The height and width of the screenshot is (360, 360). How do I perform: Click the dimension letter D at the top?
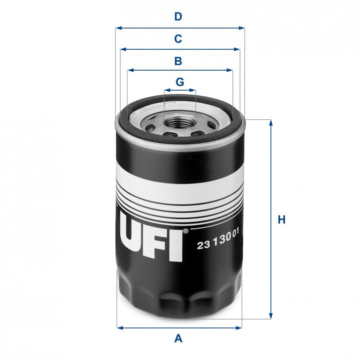[177, 17]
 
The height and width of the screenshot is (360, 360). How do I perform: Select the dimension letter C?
[177, 39]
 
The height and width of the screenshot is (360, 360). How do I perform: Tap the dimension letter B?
[177, 61]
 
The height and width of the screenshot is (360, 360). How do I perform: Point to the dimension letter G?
[179, 82]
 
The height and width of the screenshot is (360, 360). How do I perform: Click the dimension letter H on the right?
[282, 220]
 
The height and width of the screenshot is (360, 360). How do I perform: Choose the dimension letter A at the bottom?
[177, 339]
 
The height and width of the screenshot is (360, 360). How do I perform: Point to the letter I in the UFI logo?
[175, 244]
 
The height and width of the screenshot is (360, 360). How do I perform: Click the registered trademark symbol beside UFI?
[186, 231]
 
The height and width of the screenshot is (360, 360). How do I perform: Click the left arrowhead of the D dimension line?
[118, 28]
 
